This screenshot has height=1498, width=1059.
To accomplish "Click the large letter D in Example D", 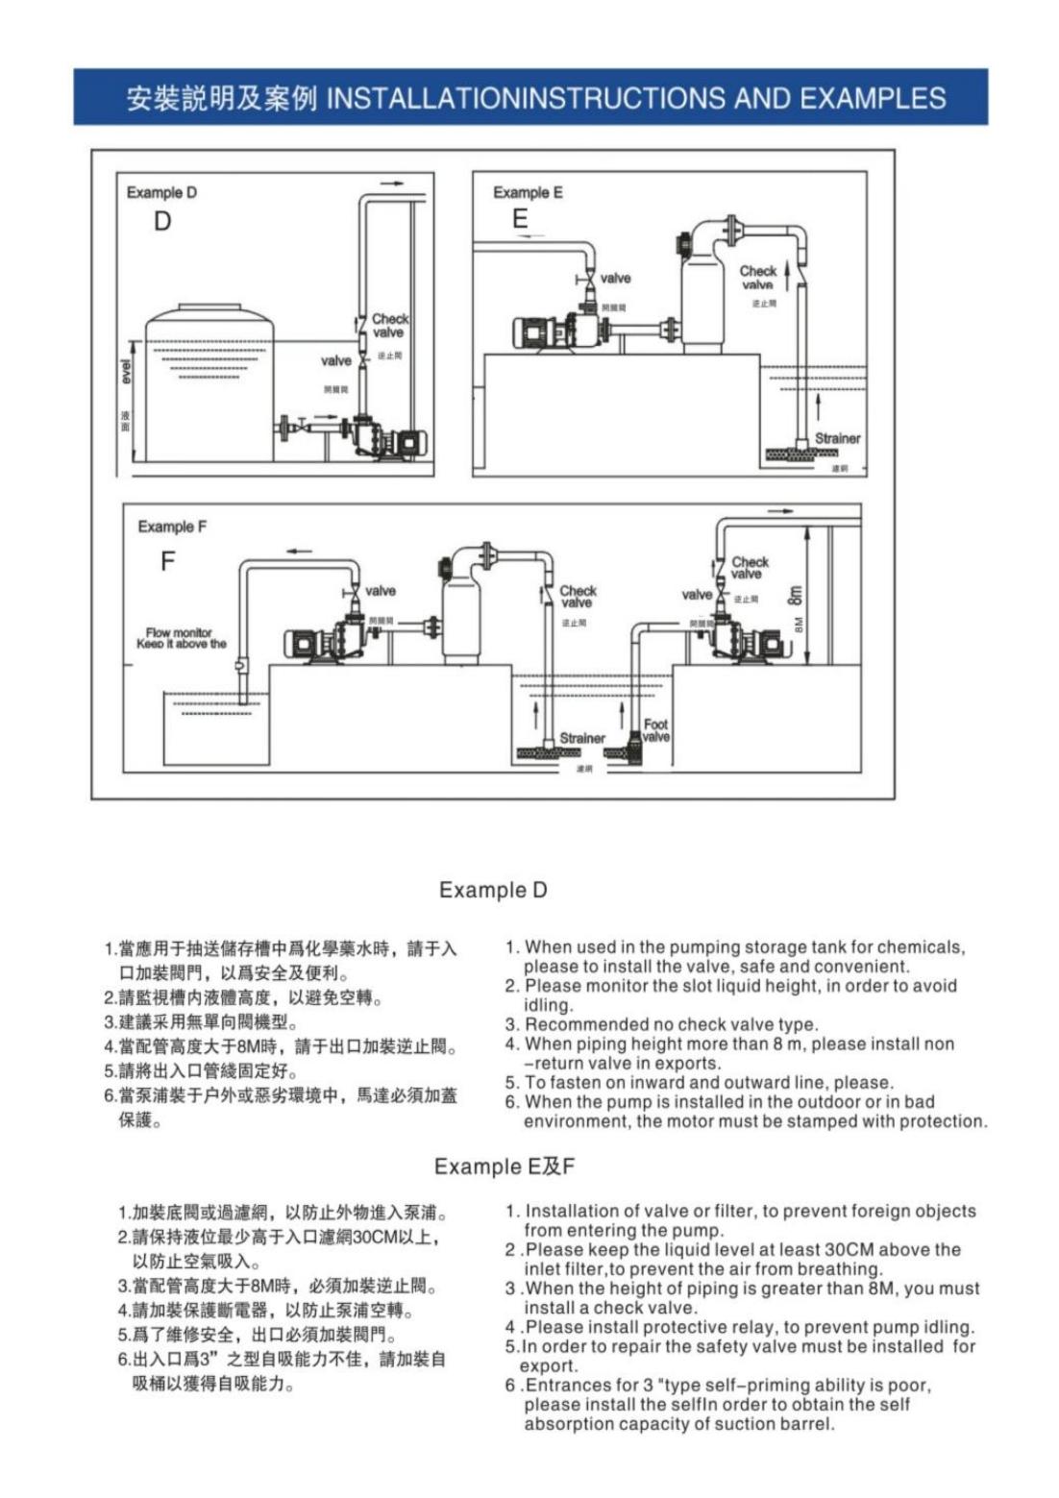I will [x=162, y=221].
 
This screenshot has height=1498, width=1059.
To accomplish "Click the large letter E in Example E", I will [x=520, y=219].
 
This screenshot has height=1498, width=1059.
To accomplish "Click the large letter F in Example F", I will [x=168, y=561].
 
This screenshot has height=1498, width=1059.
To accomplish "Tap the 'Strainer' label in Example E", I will [x=837, y=438].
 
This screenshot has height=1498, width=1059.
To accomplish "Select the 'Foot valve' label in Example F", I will [x=655, y=730].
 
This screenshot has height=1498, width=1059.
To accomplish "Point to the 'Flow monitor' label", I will [x=179, y=632].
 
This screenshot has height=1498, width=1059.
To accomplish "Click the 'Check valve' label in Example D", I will [x=389, y=325].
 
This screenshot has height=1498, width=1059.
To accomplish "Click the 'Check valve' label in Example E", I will [x=758, y=278].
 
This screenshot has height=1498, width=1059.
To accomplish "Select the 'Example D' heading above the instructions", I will [x=492, y=890].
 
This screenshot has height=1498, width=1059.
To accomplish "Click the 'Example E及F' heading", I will [x=504, y=1166].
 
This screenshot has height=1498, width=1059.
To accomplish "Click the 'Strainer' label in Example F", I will [x=582, y=738].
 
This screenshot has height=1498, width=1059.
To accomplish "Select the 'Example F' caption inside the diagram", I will [x=172, y=527].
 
